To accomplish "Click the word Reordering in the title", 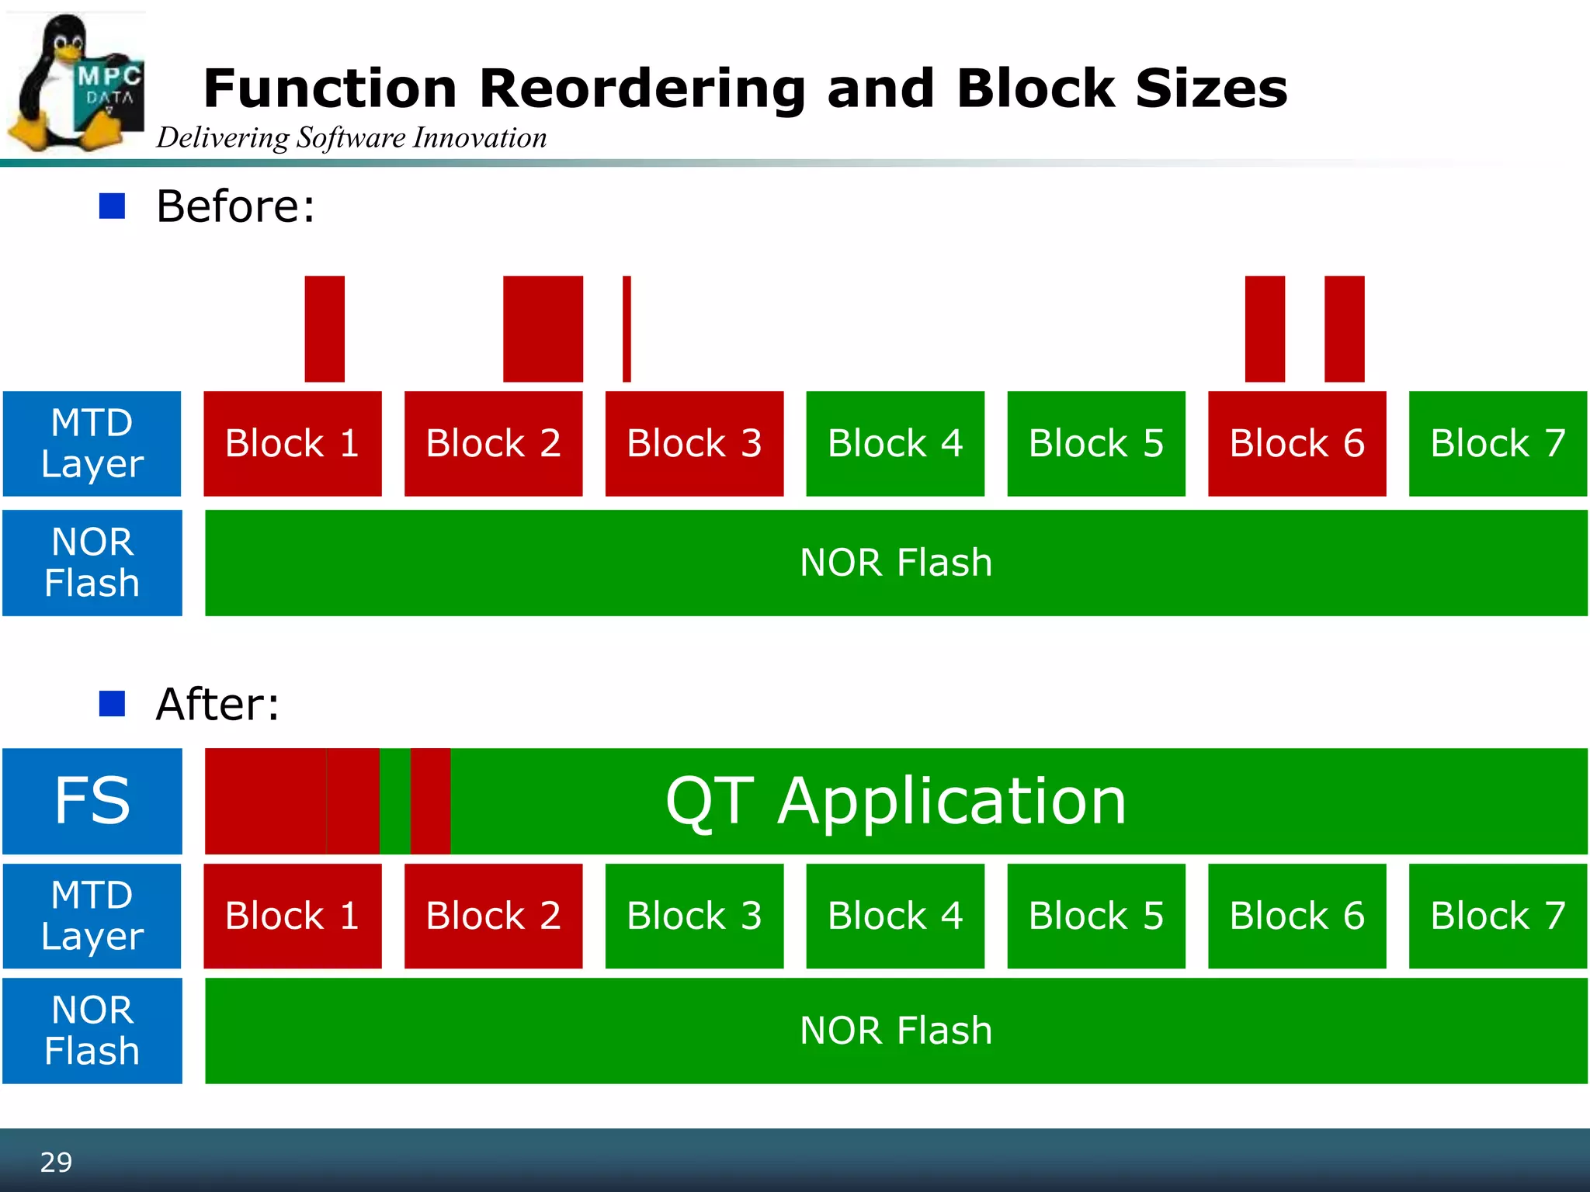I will pyautogui.click(x=642, y=88).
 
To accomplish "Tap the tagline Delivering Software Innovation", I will pyautogui.click(x=351, y=138).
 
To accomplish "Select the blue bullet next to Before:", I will pyautogui.click(x=113, y=206).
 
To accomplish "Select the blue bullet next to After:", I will pyautogui.click(x=113, y=704).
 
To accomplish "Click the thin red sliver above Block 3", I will pyautogui.click(x=627, y=329).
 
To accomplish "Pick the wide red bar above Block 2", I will pyautogui.click(x=543, y=329).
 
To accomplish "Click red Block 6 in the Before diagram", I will pyautogui.click(x=1297, y=443).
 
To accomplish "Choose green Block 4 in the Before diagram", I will pyautogui.click(x=895, y=443).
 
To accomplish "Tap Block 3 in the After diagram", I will pyautogui.click(x=694, y=916).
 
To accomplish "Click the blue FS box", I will pyautogui.click(x=92, y=801).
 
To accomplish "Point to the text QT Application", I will pyautogui.click(x=895, y=801).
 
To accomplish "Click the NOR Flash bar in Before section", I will pyautogui.click(x=895, y=563).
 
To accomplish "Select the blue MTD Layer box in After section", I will pyautogui.click(x=92, y=916).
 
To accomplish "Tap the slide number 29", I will pyautogui.click(x=56, y=1162).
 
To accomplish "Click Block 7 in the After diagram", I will pyautogui.click(x=1498, y=916).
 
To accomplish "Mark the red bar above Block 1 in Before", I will pyautogui.click(x=325, y=329).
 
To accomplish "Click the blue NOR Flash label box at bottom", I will pyautogui.click(x=92, y=1031).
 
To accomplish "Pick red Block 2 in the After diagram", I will pyautogui.click(x=493, y=916).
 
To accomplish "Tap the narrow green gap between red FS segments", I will pyautogui.click(x=394, y=801).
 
